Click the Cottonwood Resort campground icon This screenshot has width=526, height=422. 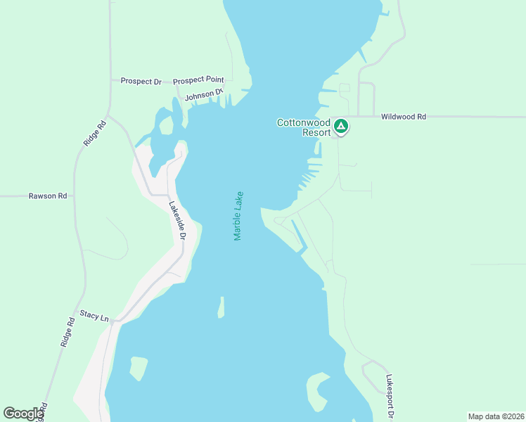(341, 127)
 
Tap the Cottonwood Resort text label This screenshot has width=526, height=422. (304, 127)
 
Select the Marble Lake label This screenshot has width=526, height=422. (238, 216)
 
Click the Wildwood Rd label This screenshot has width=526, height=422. (404, 117)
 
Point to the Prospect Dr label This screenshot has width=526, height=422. (141, 82)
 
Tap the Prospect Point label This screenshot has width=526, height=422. (198, 80)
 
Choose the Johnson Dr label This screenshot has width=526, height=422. (204, 94)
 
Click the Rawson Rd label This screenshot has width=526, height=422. (48, 196)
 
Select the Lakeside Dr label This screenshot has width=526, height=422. (176, 220)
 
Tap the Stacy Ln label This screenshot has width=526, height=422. (94, 317)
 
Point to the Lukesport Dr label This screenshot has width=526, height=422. (390, 394)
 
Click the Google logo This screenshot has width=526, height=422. (23, 414)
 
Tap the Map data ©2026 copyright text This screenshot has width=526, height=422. (496, 416)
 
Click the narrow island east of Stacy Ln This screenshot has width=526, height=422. (221, 307)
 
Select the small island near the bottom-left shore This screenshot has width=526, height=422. (138, 367)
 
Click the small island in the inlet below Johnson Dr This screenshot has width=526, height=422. (167, 125)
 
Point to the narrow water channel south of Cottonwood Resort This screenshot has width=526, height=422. (298, 236)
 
